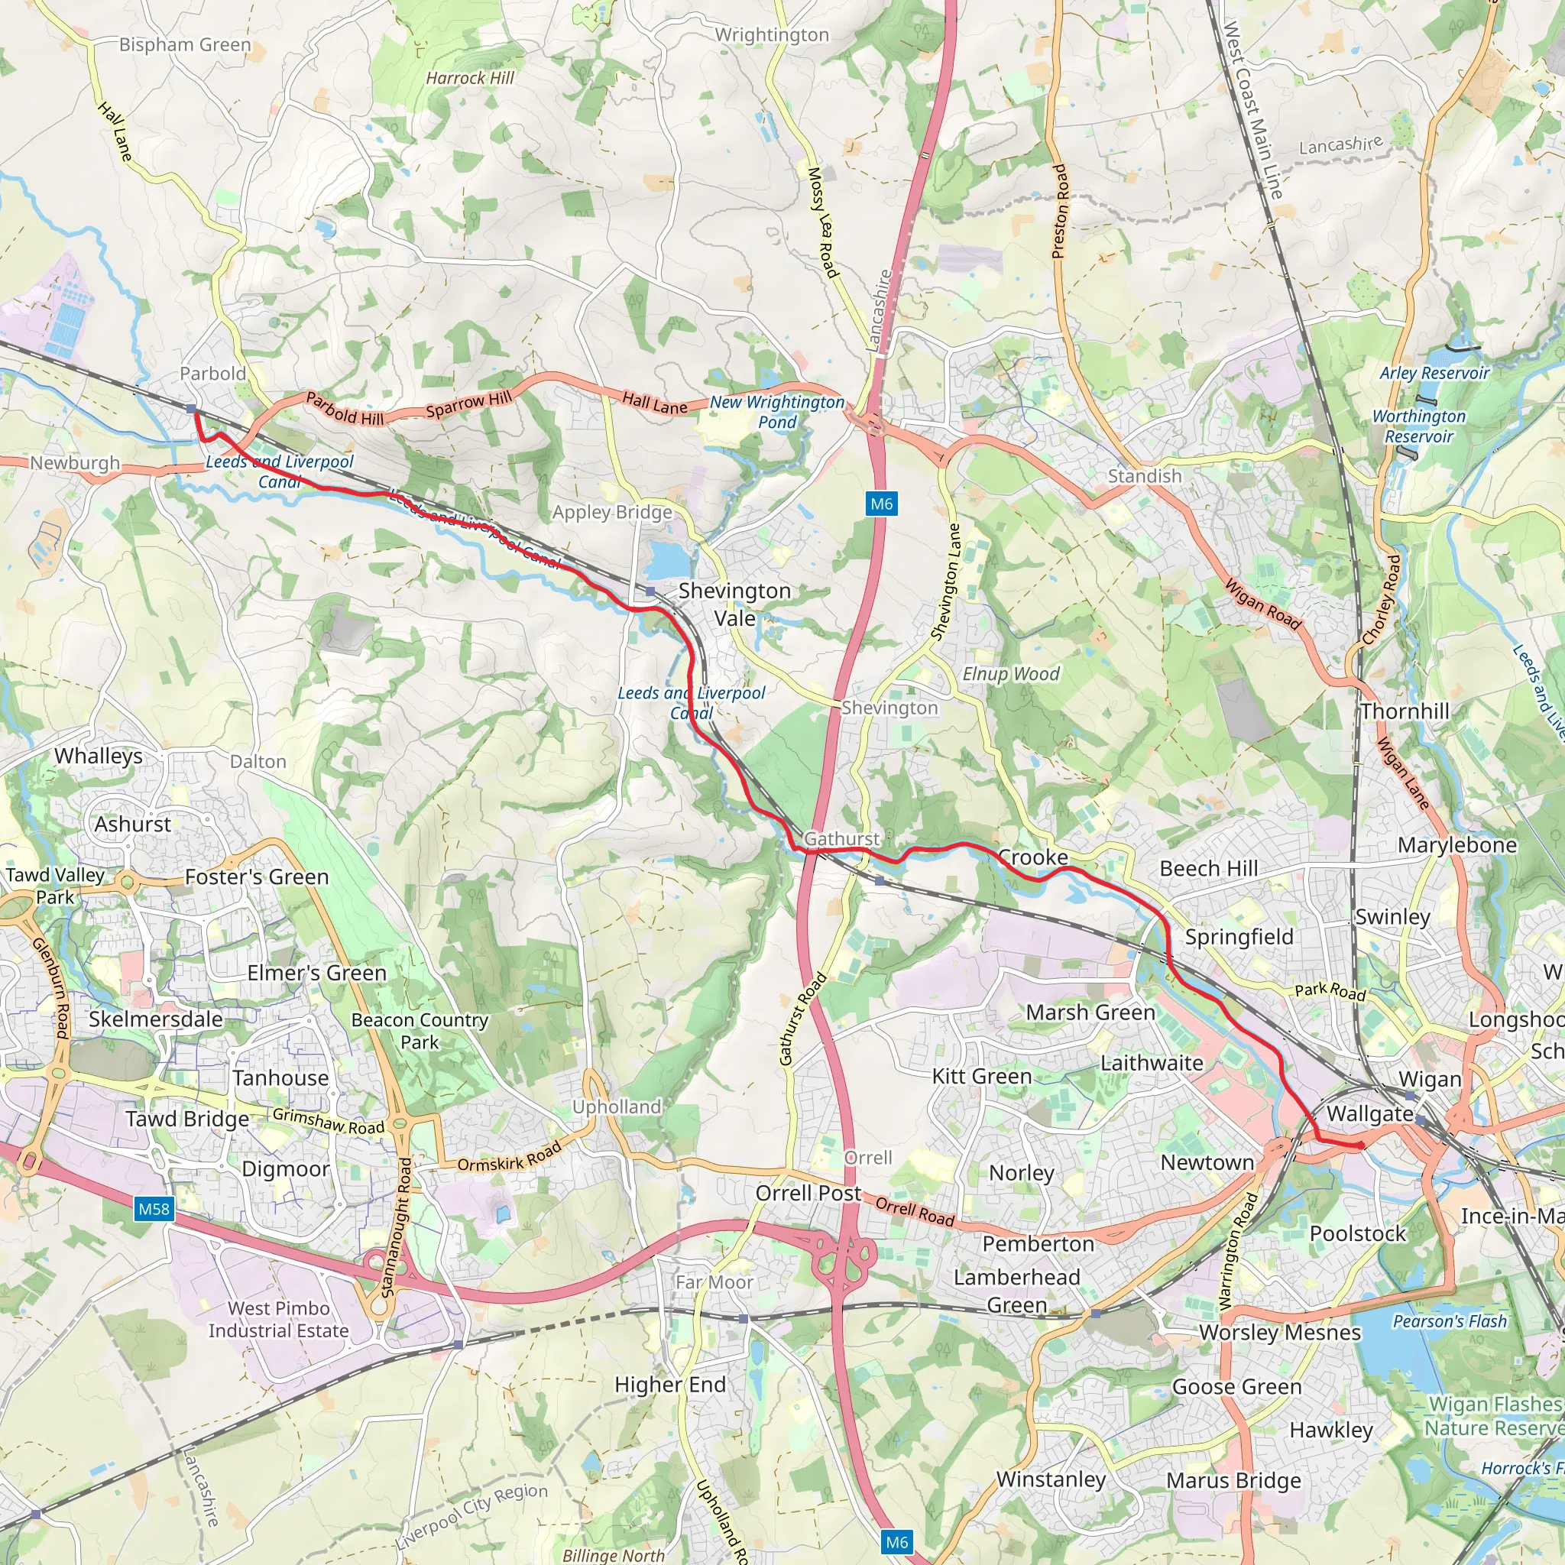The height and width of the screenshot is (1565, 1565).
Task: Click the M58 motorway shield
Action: coord(153,1210)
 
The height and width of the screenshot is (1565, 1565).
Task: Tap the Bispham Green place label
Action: coord(185,44)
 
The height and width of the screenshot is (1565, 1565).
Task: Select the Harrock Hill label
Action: coord(470,78)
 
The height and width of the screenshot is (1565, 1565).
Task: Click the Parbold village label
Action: coord(212,374)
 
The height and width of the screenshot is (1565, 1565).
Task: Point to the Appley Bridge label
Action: coord(611,512)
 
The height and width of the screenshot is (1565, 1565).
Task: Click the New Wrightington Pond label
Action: coord(777,412)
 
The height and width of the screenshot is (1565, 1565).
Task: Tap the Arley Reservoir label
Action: coord(1434,373)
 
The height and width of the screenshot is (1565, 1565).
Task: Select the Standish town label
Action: coord(1144,475)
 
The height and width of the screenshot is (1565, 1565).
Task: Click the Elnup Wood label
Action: coord(1010,674)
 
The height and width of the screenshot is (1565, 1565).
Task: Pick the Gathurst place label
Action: coord(841,838)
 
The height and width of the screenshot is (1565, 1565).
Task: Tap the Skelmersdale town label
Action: coord(156,1019)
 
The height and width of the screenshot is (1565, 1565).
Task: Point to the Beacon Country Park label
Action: coord(420,1030)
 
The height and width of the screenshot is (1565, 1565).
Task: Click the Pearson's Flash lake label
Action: coord(1449,1321)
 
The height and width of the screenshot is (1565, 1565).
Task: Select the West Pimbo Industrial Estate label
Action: coord(279,1319)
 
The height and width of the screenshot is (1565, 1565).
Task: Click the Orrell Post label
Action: coord(808,1192)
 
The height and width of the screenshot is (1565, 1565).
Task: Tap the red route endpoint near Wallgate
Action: coord(1361,1145)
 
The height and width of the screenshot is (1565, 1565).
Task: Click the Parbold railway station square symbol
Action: coord(191,409)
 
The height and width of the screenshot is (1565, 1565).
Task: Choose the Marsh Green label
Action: coord(1090,1013)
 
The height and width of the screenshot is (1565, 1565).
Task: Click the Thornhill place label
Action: coord(1405,711)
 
